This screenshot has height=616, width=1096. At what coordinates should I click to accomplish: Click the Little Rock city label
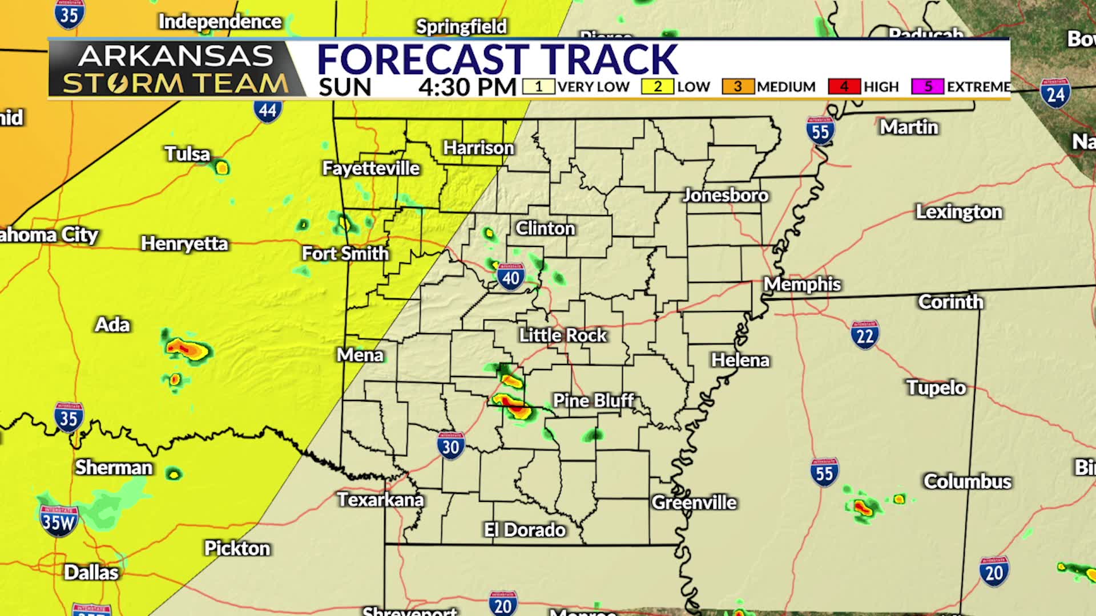pos(562,335)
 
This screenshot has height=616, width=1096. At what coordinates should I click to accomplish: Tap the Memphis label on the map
pos(802,284)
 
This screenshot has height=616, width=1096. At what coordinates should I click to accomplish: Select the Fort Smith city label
pos(345,253)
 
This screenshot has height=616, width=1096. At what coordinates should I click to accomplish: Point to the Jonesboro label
pos(726,195)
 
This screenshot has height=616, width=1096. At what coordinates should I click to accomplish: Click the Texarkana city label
pos(380,500)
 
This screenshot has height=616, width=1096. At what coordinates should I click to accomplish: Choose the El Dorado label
pos(525,530)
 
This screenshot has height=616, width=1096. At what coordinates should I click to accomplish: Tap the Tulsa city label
pos(187,154)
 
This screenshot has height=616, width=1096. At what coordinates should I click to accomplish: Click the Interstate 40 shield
pos(510,277)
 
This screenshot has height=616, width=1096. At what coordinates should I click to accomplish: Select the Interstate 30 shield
pos(451,445)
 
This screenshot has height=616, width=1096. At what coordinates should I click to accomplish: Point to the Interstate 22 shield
pos(865,335)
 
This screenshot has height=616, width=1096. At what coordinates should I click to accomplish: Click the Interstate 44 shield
pos(268,110)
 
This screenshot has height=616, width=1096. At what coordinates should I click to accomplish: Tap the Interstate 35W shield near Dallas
pos(58,521)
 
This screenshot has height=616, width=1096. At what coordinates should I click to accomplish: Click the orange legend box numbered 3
pos(738,87)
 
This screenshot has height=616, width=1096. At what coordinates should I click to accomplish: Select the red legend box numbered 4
pos(844,87)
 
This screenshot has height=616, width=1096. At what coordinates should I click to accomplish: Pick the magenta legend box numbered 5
pos(928,87)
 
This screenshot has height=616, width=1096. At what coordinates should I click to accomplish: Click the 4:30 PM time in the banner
pos(467,87)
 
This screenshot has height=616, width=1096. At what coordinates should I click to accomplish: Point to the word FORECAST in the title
pos(422,59)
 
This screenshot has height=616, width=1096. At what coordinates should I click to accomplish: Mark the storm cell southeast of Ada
pos(187,348)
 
